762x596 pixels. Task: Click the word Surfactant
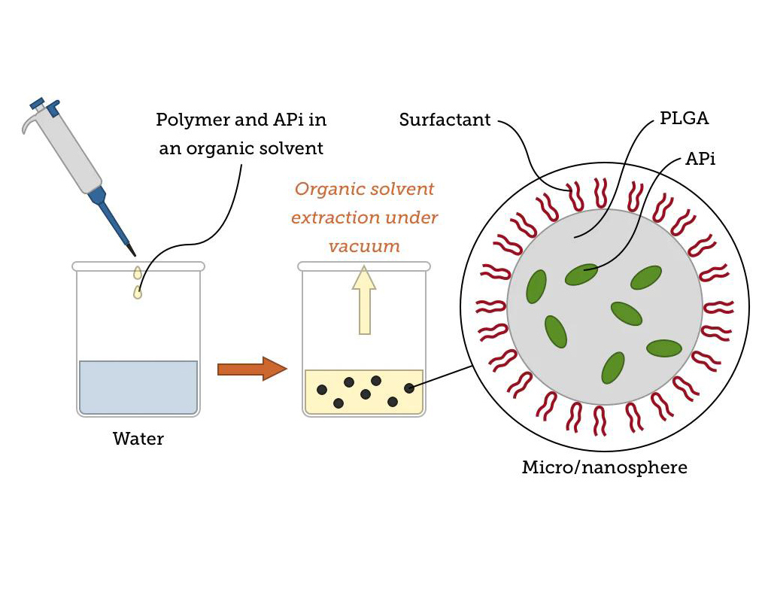point(445,120)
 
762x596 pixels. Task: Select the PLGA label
point(684,118)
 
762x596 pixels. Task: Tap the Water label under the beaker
point(138,439)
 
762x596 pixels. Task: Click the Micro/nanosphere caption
point(604,467)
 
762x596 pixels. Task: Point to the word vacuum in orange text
point(364,246)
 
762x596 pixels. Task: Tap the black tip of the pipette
point(132,248)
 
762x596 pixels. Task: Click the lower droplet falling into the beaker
point(138,292)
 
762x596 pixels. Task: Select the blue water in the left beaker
point(138,387)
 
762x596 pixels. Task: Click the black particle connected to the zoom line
point(409,388)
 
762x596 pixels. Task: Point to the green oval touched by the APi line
point(581,274)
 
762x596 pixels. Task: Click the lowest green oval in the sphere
point(613,367)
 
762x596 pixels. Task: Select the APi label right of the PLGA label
point(700,159)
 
